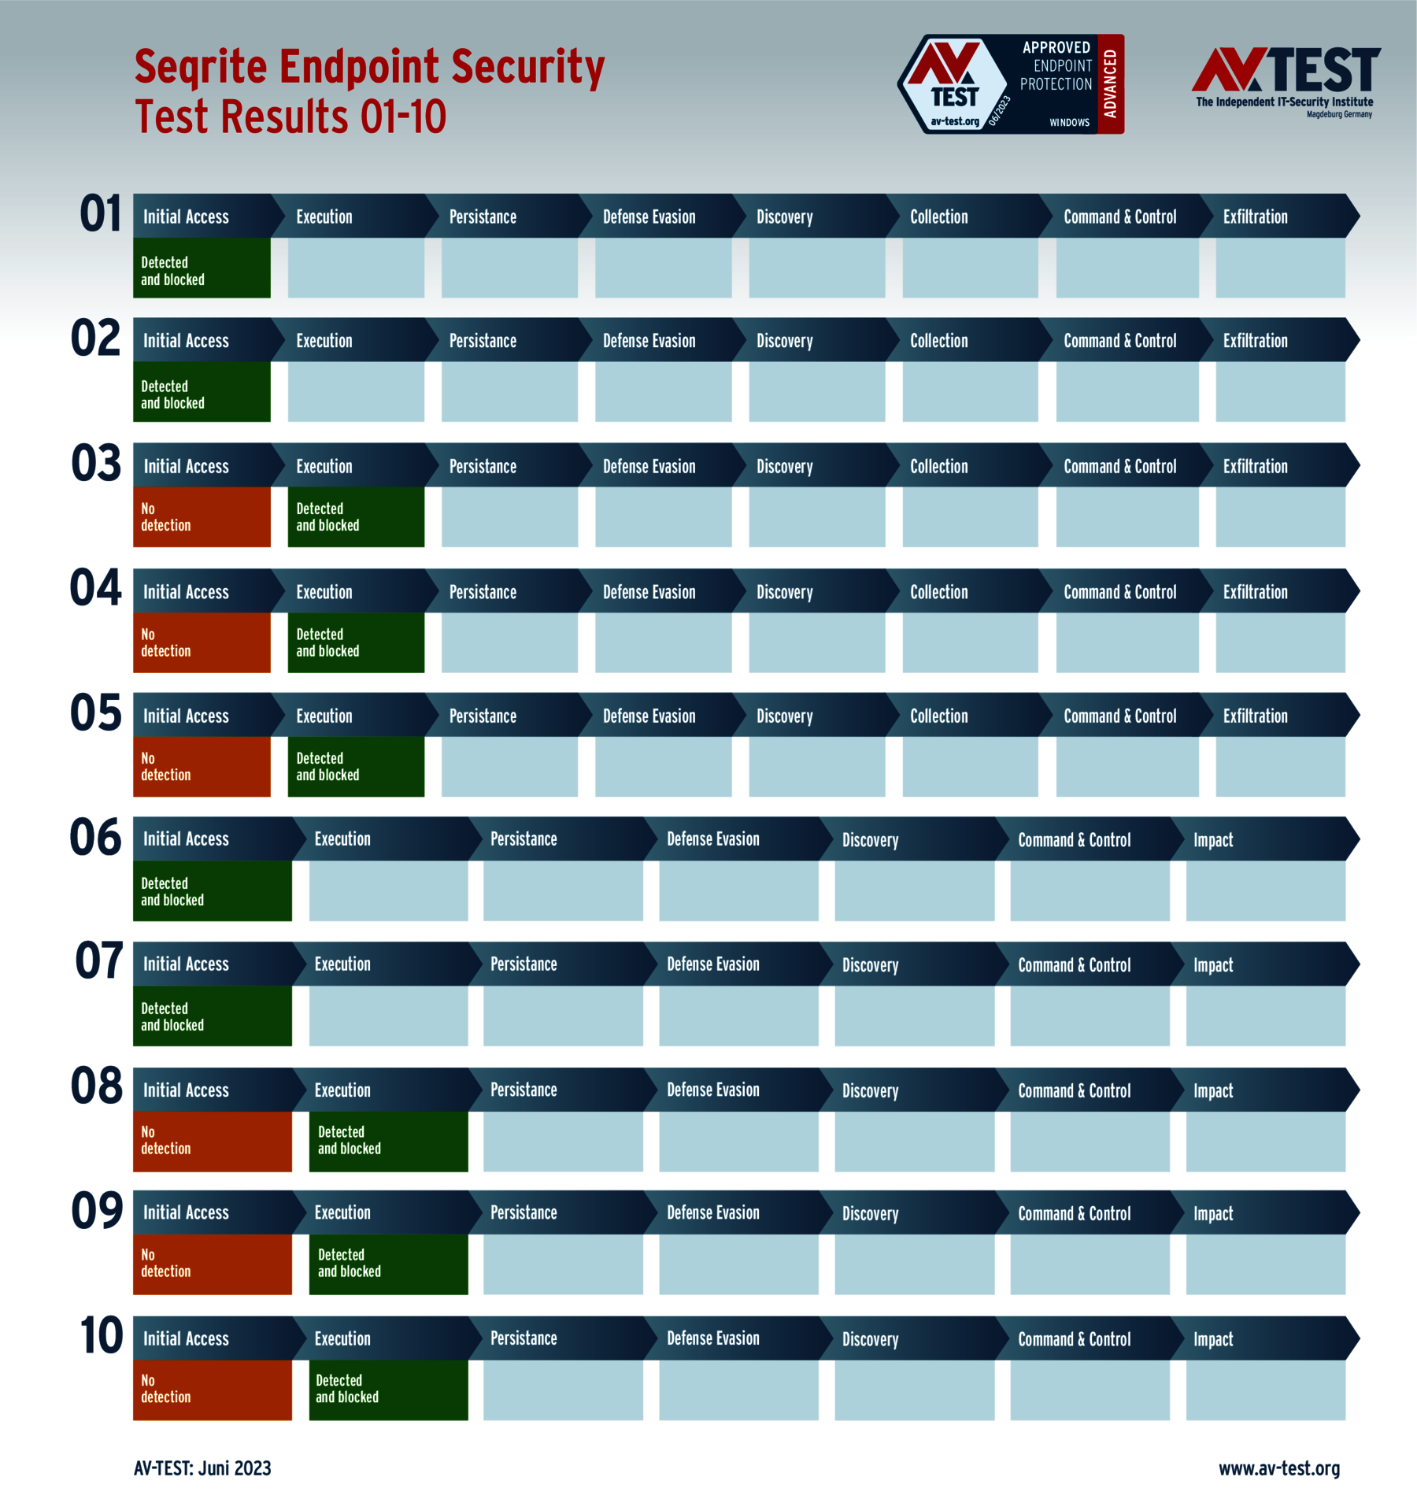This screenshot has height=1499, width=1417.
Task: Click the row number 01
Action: click(x=101, y=214)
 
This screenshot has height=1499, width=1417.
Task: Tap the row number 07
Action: click(x=98, y=961)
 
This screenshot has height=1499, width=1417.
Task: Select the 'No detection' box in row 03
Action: click(x=202, y=516)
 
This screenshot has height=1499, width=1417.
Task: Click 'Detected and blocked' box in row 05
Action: click(x=356, y=766)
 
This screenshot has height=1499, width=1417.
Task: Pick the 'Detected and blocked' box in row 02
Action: click(x=202, y=392)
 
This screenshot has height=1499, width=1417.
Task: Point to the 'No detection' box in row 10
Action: click(x=213, y=1390)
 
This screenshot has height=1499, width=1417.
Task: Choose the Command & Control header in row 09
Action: click(x=1075, y=1213)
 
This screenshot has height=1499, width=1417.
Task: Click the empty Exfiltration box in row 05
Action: click(x=1280, y=766)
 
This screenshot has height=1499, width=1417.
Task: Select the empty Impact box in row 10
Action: click(x=1265, y=1390)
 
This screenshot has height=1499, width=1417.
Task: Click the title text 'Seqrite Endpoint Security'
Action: click(x=369, y=66)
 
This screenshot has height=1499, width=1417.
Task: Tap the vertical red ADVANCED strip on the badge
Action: click(x=1111, y=83)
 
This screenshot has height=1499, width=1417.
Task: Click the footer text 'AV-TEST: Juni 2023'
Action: click(x=202, y=1468)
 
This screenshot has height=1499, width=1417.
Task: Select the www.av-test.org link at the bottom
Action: click(x=1278, y=1468)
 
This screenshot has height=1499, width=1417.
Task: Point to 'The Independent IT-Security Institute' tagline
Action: click(x=1284, y=102)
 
